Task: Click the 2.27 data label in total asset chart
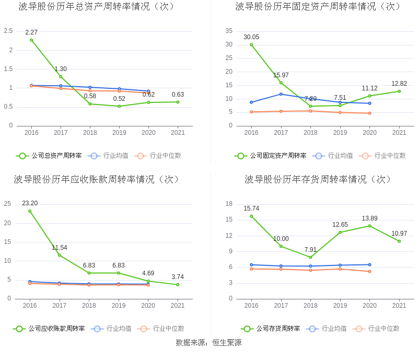[31, 32]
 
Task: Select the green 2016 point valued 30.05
[251, 44]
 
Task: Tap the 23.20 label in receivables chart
[30, 203]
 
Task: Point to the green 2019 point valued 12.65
[340, 233]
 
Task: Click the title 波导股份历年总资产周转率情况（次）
[97, 7]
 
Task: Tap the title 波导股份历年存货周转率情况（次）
[318, 180]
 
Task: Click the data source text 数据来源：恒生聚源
[208, 343]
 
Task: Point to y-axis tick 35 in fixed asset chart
[229, 31]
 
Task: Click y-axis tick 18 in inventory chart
[229, 204]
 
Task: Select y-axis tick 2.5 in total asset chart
[8, 31]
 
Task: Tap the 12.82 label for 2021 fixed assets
[399, 84]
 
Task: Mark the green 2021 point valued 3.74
[178, 285]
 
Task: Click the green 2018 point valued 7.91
[310, 257]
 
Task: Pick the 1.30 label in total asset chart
[61, 69]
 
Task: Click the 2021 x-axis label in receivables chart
[178, 306]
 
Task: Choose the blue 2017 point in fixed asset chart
[281, 94]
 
